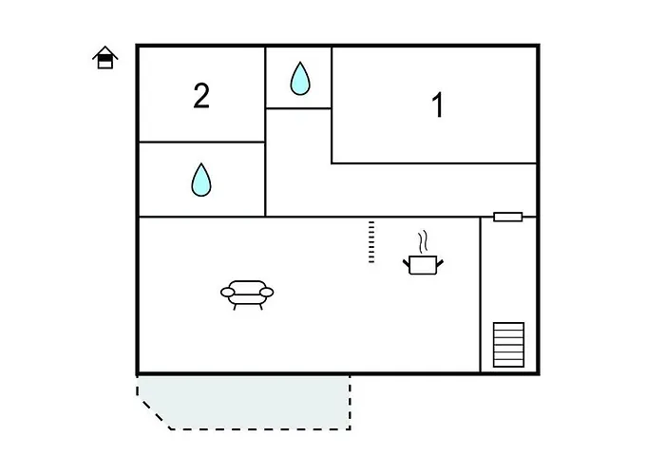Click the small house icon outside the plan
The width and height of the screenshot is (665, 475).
point(105,59)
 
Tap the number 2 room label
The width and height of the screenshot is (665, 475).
point(201,96)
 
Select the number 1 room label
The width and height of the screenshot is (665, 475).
point(438,105)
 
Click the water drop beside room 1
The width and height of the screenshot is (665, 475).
point(300,79)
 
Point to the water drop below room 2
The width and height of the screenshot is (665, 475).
point(200,180)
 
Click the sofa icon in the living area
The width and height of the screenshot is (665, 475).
point(247,293)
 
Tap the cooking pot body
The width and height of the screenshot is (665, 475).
point(421,265)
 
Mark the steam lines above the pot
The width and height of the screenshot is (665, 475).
point(425,239)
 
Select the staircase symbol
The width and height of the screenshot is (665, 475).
point(508,344)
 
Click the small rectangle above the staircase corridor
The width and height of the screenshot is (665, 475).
point(508,217)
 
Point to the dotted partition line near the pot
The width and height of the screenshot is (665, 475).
point(371,242)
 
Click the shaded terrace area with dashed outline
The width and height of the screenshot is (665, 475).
point(252,401)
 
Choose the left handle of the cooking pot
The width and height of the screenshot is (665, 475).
point(407,259)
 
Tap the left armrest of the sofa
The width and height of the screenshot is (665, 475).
point(227,292)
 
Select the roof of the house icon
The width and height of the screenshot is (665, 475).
point(105,52)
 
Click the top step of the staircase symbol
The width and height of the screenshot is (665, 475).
point(508,327)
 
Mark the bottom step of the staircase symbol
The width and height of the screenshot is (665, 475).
point(508,362)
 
